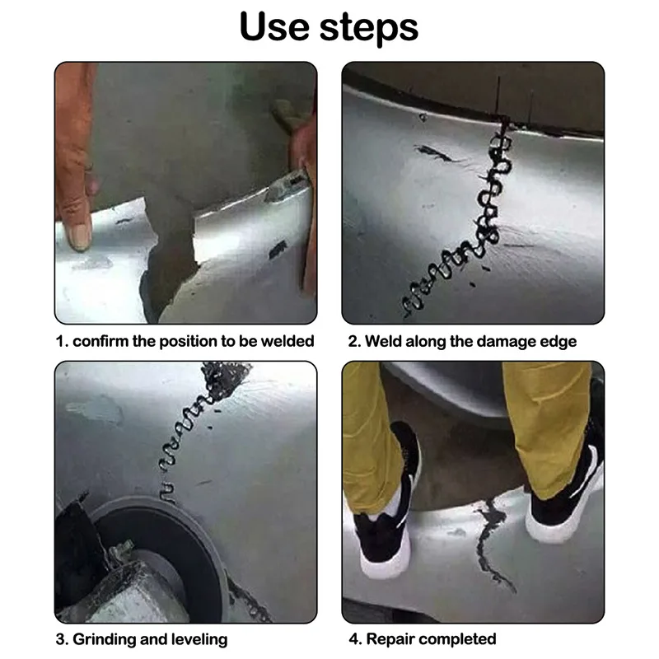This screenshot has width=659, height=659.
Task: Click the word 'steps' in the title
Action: click(x=368, y=28)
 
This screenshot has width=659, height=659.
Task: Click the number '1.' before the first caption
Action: click(x=62, y=341)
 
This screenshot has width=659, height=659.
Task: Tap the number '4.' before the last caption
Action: click(x=356, y=639)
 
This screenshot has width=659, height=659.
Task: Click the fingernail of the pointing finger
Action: click(x=79, y=236)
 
